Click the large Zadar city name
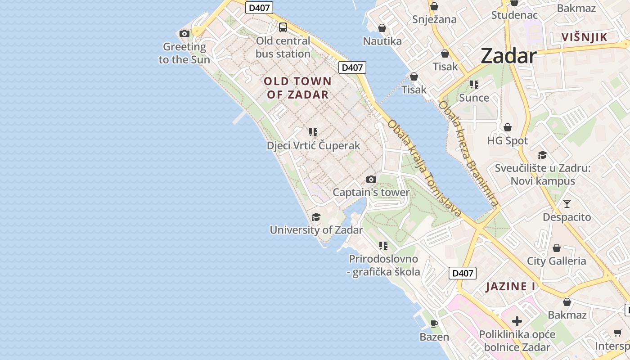click(508, 56)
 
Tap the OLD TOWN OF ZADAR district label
click(297, 88)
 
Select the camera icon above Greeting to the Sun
click(184, 33)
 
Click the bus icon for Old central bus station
click(283, 27)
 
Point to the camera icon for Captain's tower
click(371, 180)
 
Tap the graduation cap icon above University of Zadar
click(316, 217)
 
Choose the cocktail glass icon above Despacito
click(567, 204)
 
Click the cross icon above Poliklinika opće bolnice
click(517, 321)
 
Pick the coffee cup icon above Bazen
click(434, 324)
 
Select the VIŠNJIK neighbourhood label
click(584, 37)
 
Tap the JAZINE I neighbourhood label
click(510, 286)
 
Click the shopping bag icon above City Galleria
click(557, 248)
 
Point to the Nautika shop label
click(382, 41)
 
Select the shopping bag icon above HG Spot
click(508, 128)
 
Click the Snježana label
click(435, 19)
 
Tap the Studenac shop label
click(514, 15)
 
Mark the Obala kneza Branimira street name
click(468, 153)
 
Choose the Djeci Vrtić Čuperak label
click(313, 145)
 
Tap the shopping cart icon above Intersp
click(617, 333)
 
